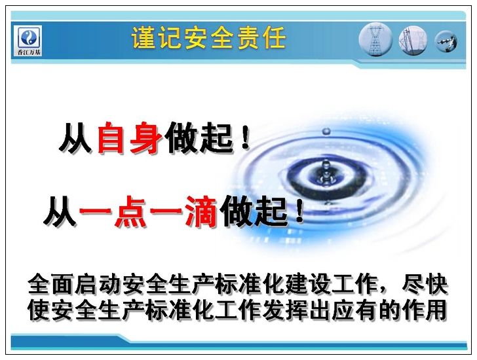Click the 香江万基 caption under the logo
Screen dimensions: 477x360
29,52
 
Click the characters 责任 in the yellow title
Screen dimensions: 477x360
262,38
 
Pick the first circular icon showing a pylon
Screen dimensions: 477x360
375,41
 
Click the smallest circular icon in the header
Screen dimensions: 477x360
446,41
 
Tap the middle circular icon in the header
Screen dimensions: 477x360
413,41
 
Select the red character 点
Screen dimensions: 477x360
131,212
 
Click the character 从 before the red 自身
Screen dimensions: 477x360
76,137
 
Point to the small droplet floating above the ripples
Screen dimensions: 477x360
326,132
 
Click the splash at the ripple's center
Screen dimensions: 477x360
326,173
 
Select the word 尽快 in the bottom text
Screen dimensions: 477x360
425,285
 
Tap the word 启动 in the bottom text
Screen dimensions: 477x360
99,285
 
